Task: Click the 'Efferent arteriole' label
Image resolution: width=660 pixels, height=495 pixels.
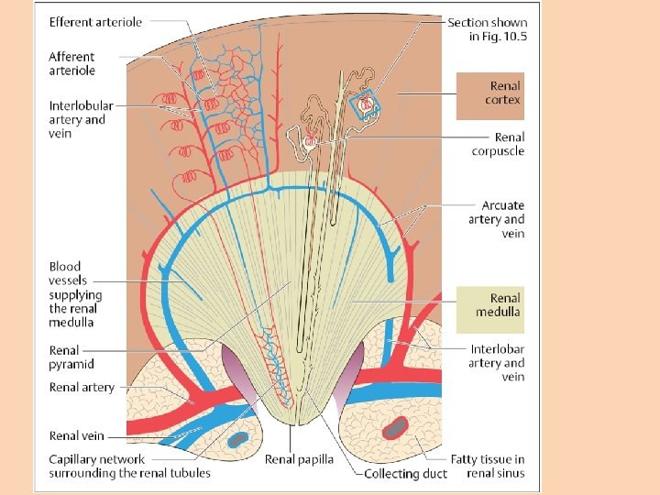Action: [x=95, y=22]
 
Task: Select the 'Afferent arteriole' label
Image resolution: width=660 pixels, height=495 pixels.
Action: [x=71, y=63]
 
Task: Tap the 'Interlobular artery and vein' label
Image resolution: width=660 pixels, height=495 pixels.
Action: [x=77, y=120]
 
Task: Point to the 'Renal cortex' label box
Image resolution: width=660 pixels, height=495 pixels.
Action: [x=503, y=93]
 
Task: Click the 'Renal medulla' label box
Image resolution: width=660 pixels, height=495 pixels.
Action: [x=503, y=304]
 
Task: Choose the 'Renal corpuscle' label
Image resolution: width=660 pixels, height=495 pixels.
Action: [x=498, y=144]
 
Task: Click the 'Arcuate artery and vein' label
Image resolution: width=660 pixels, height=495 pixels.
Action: [x=502, y=219]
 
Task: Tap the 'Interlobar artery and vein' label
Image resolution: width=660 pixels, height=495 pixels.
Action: [x=497, y=363]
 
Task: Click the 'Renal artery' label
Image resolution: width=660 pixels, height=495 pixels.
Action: [x=82, y=388]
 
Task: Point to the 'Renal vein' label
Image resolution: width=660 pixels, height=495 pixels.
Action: [x=76, y=436]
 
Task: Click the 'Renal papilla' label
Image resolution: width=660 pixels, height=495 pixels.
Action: [x=299, y=459]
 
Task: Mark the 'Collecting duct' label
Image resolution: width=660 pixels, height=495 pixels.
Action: [x=405, y=473]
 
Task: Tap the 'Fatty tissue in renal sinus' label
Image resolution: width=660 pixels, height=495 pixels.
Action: [x=487, y=466]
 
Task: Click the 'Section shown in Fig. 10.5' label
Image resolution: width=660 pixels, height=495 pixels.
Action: [x=487, y=29]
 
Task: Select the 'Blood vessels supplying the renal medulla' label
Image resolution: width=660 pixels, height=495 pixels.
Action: [x=76, y=294]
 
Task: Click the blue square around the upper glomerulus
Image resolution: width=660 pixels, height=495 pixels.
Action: [x=368, y=105]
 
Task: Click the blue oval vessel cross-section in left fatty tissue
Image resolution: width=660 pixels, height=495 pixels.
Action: [x=237, y=439]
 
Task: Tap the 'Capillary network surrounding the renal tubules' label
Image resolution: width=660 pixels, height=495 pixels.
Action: [x=129, y=466]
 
